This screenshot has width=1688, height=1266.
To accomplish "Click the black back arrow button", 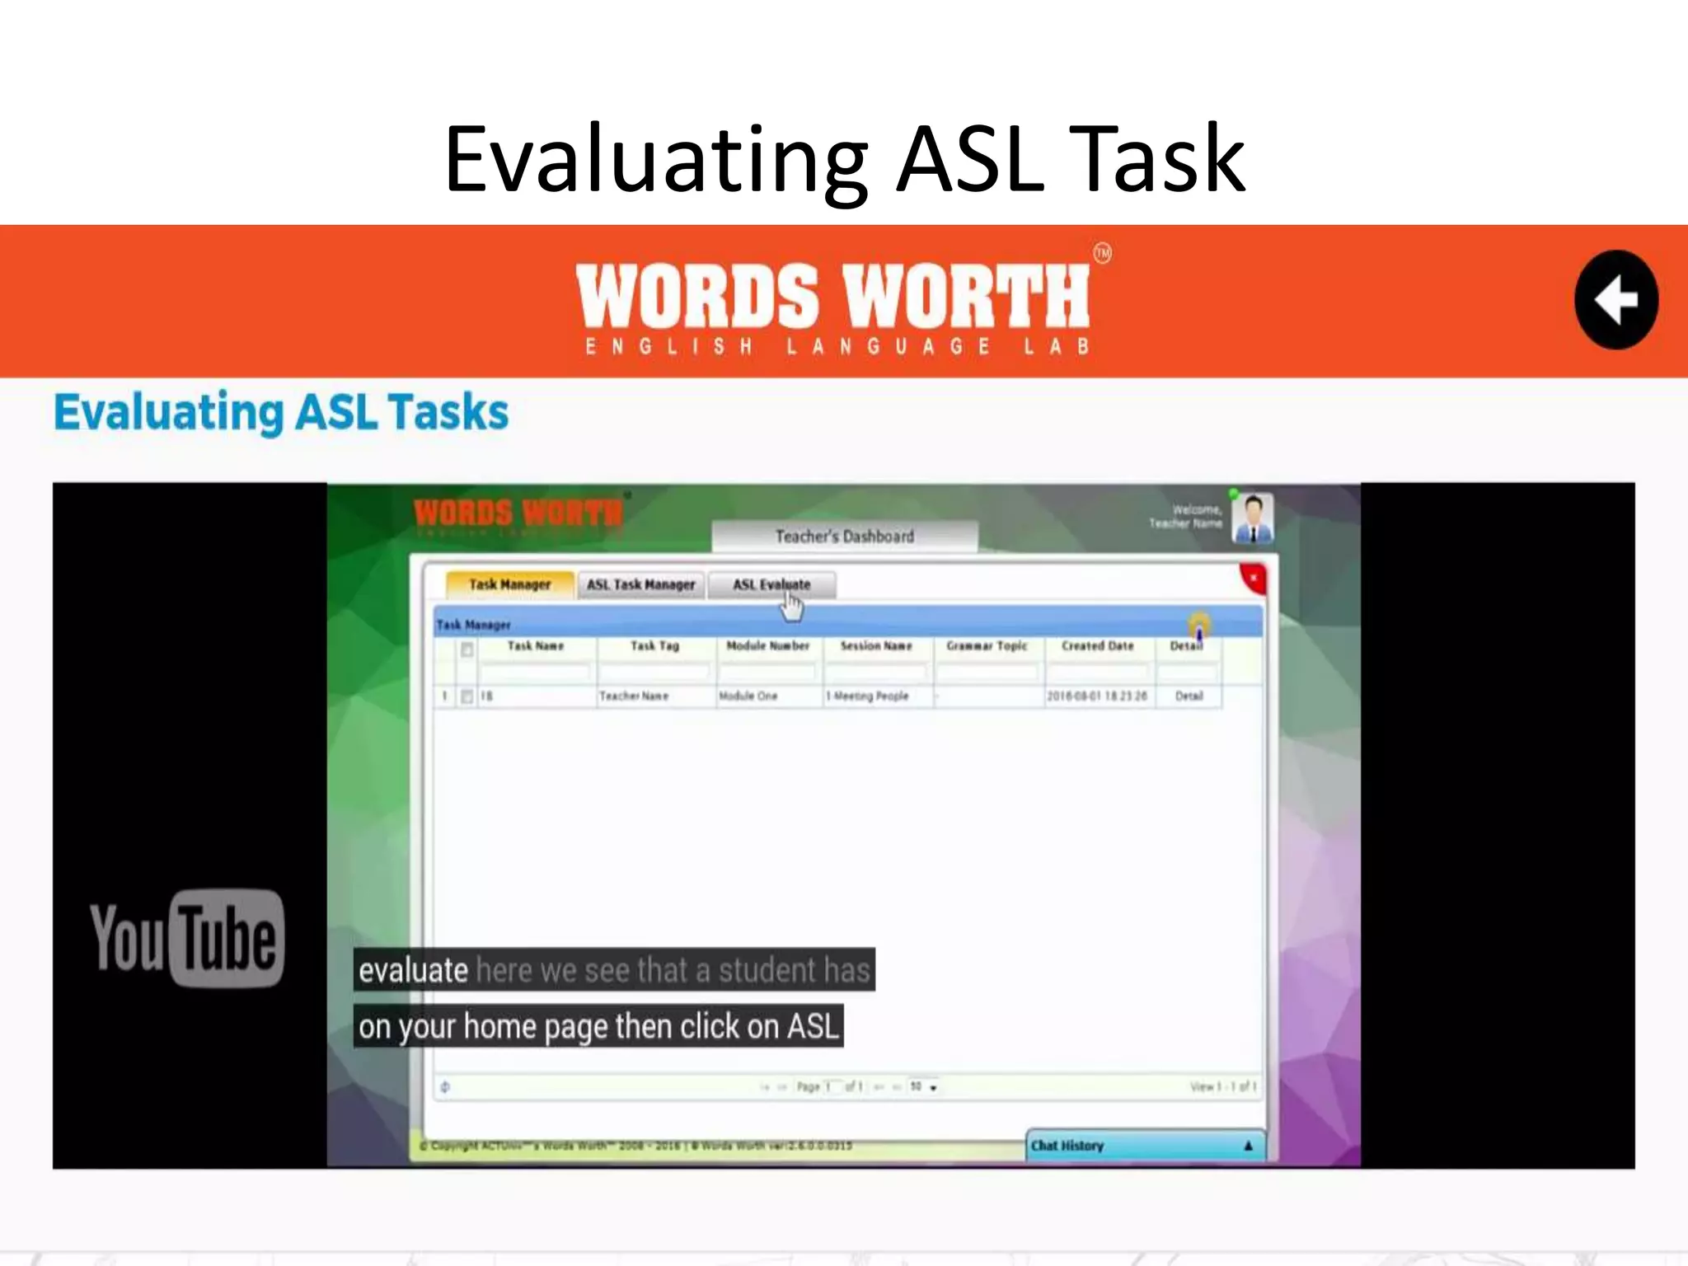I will point(1615,299).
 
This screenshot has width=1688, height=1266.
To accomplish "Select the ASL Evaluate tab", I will point(771,584).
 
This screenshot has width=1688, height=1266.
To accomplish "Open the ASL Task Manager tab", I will point(640,584).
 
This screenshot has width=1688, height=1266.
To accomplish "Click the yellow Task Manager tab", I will point(509,584).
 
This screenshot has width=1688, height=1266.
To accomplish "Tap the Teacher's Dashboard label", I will point(844,537).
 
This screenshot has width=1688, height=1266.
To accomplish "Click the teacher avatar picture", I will point(1252,518).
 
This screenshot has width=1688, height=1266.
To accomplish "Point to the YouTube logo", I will point(187,938).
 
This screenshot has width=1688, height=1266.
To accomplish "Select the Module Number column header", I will point(767,646).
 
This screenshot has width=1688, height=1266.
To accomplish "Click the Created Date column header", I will point(1097,646).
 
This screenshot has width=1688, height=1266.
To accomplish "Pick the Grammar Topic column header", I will point(987,646).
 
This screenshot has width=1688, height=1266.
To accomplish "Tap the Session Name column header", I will point(875,646).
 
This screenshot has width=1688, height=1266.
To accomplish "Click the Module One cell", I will point(748,696).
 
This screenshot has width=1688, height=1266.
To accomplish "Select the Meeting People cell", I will point(869,696).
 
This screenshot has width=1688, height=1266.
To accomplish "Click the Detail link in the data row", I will point(1189,696).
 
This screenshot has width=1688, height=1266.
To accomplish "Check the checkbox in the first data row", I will point(467,696).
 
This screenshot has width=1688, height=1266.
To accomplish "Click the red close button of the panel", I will point(1253,579).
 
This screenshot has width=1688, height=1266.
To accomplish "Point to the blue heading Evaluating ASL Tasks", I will point(281,412).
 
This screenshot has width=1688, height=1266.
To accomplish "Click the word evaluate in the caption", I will point(413,970).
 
